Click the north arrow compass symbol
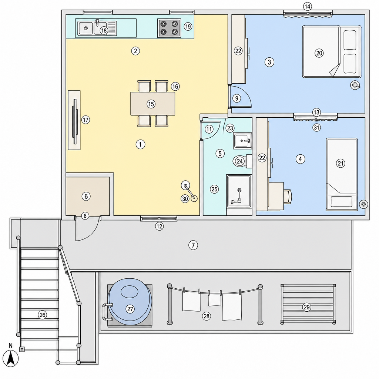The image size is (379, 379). pos(11,359)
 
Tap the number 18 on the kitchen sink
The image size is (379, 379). pos(104,30)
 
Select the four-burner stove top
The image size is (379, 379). pos(169,28)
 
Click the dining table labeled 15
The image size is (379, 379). pos(153,104)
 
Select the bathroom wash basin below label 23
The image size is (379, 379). pos(242,140)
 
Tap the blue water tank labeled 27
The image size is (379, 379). pos(130,305)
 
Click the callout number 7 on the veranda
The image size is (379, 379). pos(193,245)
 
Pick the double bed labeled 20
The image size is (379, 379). pos(332,52)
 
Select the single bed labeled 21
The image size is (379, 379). pos(342,174)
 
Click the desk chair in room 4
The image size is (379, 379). pos(288,196)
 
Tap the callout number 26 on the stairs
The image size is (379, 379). pos(42,315)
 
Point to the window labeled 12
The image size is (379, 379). pos(159,219)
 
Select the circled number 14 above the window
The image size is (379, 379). pos(308,7)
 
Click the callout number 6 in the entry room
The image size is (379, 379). pos(86,196)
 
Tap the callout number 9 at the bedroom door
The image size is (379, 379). pos(237,98)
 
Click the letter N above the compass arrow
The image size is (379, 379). pos(10,346)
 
